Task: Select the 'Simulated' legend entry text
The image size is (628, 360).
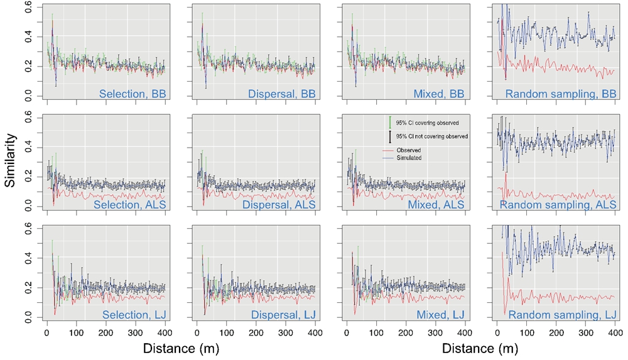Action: (x=409, y=158)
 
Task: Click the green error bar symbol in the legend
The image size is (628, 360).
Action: (x=390, y=122)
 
